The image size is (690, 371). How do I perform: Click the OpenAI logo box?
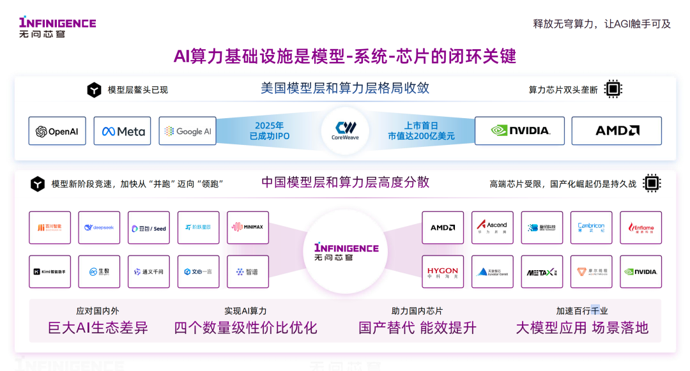click(57, 131)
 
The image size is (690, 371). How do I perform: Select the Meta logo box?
click(123, 131)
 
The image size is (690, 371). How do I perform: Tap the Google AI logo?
click(188, 131)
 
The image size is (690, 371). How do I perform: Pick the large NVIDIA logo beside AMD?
click(519, 130)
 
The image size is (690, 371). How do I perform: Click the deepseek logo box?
click(99, 227)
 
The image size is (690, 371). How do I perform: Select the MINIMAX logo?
click(248, 227)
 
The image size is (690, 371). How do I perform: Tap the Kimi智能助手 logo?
click(50, 271)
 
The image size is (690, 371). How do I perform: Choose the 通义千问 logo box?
click(149, 271)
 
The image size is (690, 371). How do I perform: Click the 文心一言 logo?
click(198, 271)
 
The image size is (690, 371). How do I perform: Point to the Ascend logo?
click(492, 227)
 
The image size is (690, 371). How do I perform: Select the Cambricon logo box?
click(591, 227)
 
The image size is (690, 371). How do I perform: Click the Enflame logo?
click(641, 227)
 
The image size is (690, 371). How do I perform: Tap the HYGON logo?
click(443, 271)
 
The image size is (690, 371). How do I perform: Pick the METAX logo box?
click(542, 271)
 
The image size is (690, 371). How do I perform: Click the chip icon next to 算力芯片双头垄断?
click(613, 89)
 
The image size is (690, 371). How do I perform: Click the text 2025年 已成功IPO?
click(269, 131)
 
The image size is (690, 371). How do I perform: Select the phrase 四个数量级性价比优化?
click(246, 328)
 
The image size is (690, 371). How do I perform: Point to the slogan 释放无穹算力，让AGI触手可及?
click(602, 24)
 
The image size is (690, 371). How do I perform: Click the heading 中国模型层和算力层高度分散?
click(345, 183)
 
